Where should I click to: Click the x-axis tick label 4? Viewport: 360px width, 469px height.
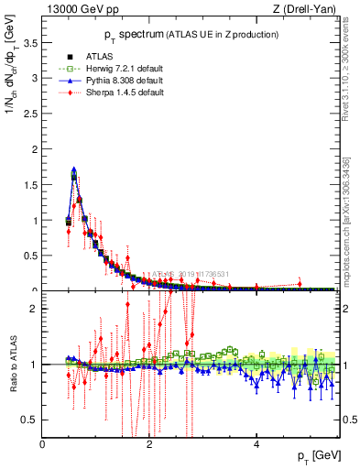[x=256, y=444]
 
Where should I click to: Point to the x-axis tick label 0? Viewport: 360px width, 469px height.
[x=43, y=444]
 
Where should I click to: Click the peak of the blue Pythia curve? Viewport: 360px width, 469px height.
[x=73, y=169]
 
